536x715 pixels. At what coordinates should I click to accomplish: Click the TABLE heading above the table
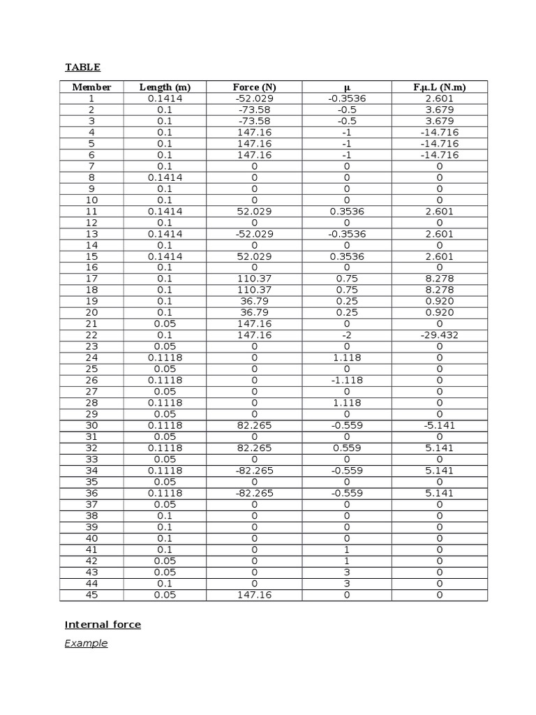point(82,68)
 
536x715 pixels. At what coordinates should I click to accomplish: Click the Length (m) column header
point(165,87)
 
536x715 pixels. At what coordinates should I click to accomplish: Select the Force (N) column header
point(254,87)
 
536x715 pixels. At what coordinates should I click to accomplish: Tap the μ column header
point(347,87)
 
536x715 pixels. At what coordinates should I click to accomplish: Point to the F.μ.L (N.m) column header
point(440,87)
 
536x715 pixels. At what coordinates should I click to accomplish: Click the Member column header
point(91,87)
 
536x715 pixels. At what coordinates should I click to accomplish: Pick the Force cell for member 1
point(254,98)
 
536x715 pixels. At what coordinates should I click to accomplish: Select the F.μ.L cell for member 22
point(440,335)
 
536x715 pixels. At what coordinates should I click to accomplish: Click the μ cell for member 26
point(347,381)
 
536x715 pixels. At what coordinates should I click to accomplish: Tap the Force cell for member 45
point(254,595)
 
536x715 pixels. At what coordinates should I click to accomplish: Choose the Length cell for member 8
point(165,177)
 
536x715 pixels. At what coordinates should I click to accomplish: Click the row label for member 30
point(91,425)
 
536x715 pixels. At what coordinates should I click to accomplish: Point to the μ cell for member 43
point(347,573)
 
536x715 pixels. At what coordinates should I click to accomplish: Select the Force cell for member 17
point(254,279)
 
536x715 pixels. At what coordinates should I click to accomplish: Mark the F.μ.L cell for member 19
point(440,302)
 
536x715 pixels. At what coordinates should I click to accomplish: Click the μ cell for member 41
point(347,550)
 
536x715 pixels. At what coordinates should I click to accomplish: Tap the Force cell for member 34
point(254,471)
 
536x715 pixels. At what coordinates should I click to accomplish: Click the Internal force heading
point(103,625)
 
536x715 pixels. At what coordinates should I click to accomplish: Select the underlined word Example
point(86,644)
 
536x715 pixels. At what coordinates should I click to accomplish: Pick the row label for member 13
point(91,234)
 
